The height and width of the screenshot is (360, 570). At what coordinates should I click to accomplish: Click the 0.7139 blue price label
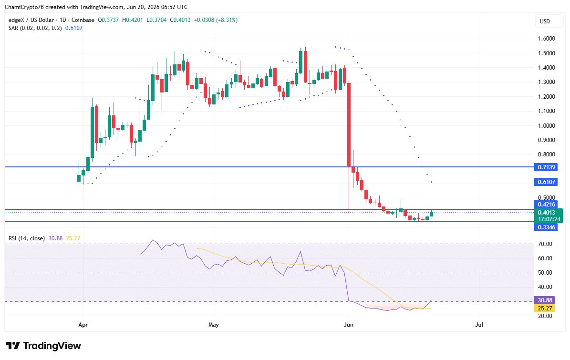click(546, 167)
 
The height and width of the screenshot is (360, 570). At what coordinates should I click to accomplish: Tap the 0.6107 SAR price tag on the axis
click(546, 182)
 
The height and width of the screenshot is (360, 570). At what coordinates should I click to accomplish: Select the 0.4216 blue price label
click(546, 205)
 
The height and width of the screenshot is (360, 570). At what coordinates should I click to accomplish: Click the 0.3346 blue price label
click(546, 227)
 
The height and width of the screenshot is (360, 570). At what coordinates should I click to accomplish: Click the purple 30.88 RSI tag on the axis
click(545, 300)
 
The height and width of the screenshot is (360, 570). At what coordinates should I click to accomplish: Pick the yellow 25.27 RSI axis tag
click(545, 309)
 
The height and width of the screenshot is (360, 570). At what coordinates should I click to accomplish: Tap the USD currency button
click(545, 21)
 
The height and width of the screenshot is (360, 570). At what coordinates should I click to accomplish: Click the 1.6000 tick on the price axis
click(546, 39)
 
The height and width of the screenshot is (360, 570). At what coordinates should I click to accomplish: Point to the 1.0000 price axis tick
click(546, 126)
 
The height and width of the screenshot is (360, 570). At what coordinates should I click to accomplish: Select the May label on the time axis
click(214, 324)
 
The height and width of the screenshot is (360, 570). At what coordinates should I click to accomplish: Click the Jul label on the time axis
click(479, 324)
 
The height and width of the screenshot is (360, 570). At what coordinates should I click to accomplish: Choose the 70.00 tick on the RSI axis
click(545, 244)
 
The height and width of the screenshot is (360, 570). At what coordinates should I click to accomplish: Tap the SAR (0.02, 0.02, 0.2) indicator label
click(35, 28)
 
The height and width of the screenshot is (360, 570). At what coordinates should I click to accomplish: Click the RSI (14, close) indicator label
click(27, 238)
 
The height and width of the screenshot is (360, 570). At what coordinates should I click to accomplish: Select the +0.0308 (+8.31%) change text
click(216, 20)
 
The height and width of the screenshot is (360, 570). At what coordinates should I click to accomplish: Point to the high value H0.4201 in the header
click(133, 20)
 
